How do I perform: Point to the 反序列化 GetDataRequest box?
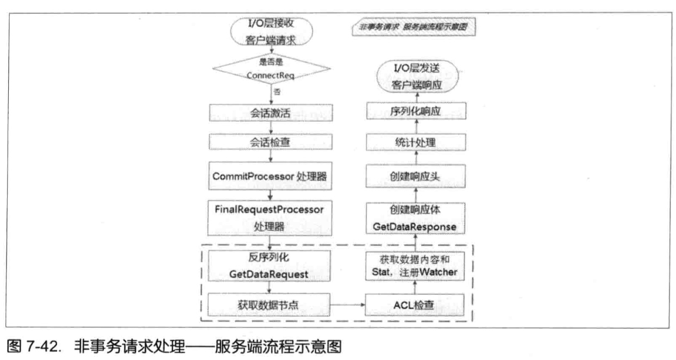(x=270, y=265)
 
